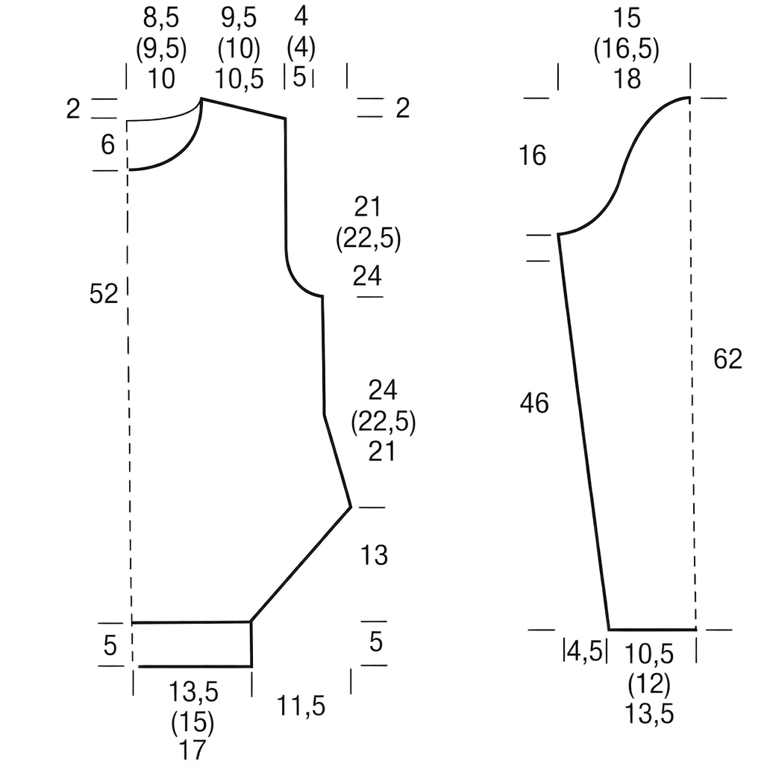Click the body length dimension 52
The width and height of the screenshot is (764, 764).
coord(103,294)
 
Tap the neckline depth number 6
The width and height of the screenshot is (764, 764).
coord(107,144)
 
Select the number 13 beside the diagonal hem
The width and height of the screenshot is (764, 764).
coord(374,555)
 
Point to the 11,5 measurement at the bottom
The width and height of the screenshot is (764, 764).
coord(301,706)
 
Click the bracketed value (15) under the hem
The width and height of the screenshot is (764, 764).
coord(192,723)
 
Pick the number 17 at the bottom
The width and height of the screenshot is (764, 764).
coord(192,751)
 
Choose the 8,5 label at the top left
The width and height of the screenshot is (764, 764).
coord(161,18)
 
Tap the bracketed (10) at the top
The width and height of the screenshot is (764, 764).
coord(239,48)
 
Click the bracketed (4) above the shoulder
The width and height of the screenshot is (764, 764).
coord(301,48)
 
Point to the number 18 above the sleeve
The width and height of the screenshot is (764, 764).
coord(627,78)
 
